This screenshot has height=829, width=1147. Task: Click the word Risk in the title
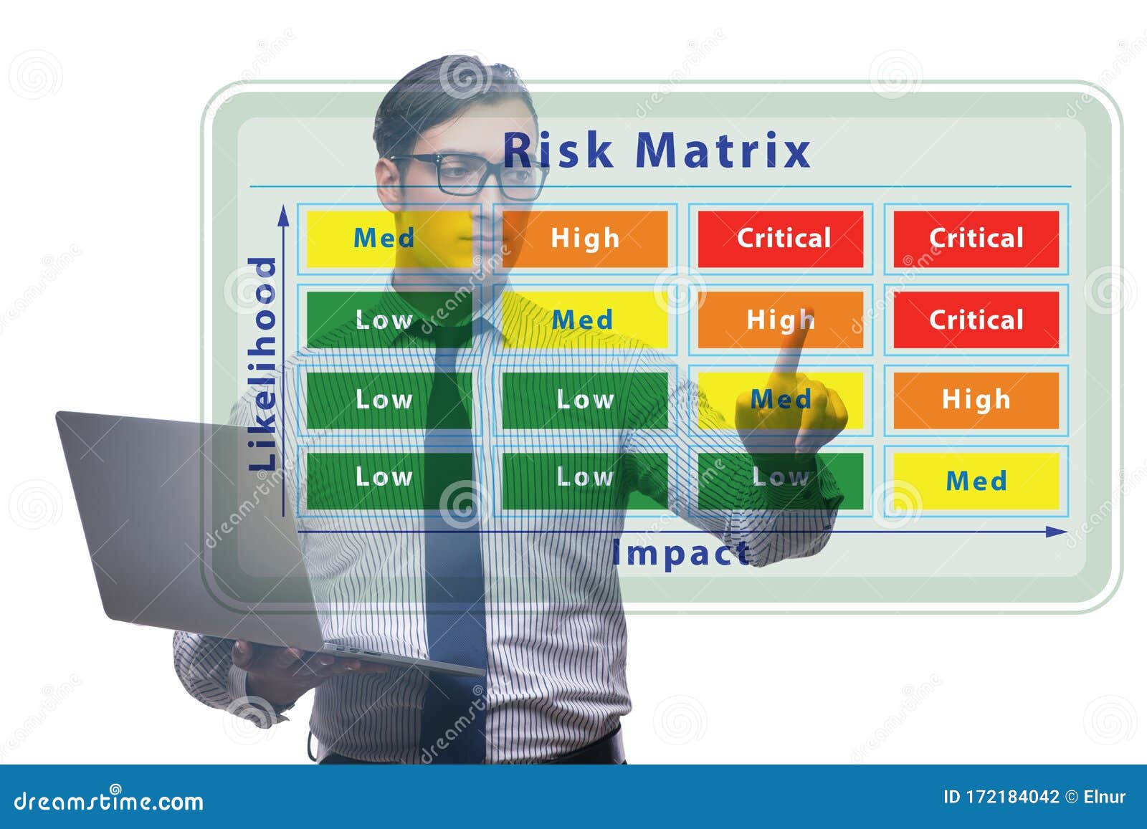point(558,151)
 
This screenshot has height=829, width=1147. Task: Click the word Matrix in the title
point(723,151)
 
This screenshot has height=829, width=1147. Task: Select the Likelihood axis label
point(262,364)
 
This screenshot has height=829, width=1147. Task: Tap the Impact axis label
point(680,553)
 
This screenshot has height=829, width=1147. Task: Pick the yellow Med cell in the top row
point(384,239)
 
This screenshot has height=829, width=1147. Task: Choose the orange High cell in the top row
point(585,239)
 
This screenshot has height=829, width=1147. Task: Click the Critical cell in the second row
point(976,320)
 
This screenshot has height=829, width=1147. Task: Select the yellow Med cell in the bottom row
point(976,480)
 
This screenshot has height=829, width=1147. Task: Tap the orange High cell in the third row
point(976,400)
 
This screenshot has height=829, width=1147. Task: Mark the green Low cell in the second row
point(384,320)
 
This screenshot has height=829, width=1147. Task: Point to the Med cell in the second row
point(584,320)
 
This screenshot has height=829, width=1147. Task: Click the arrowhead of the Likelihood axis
point(285,213)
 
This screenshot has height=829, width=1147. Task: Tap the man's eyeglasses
point(470,174)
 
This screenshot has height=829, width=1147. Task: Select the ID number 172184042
point(1012,797)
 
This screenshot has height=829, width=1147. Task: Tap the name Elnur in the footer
point(1105,797)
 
